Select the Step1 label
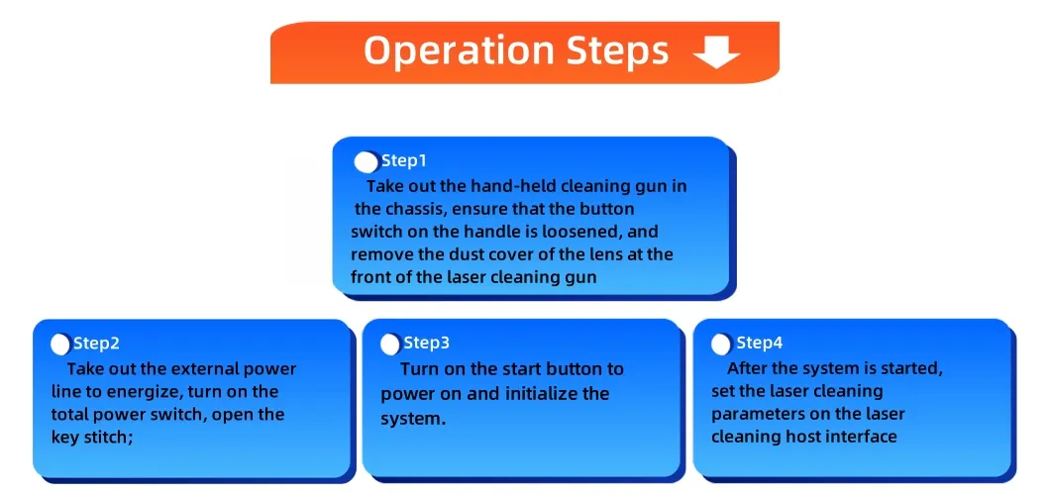404,161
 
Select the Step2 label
96,344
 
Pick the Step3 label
427,344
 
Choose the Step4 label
760,344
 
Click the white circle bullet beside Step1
367,162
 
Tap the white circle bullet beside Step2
60,345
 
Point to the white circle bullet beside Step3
389,345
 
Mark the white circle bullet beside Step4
721,345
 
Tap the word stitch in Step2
103,439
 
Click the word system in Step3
413,420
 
